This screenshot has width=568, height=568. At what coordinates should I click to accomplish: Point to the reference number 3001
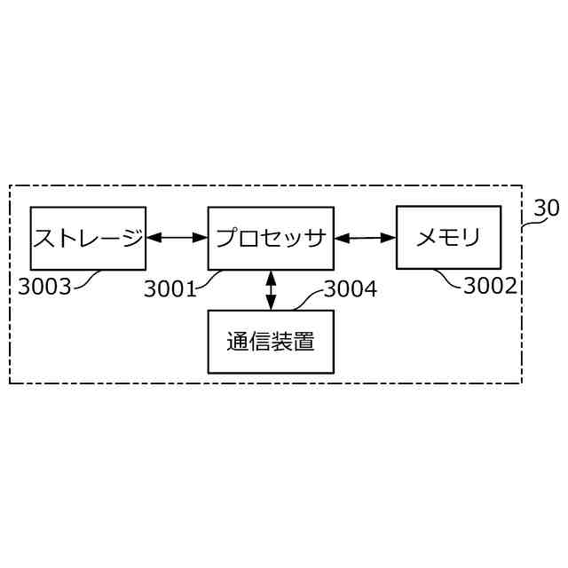click(170, 288)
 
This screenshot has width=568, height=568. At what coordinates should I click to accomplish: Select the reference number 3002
click(490, 286)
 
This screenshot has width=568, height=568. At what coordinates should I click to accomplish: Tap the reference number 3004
click(350, 288)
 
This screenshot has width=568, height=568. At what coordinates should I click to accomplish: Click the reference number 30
click(547, 209)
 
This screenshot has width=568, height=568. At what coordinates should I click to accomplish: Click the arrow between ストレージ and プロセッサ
click(177, 238)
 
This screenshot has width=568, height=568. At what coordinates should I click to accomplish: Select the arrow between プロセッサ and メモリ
click(365, 238)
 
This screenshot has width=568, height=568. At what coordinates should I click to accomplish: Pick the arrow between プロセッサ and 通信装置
click(271, 290)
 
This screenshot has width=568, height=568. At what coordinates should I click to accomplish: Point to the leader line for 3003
click(87, 280)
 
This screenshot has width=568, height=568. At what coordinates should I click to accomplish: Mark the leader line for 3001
click(209, 279)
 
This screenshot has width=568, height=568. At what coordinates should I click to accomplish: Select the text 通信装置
click(271, 342)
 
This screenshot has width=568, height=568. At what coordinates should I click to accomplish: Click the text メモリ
click(448, 238)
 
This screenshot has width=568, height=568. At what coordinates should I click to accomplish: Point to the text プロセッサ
click(271, 238)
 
